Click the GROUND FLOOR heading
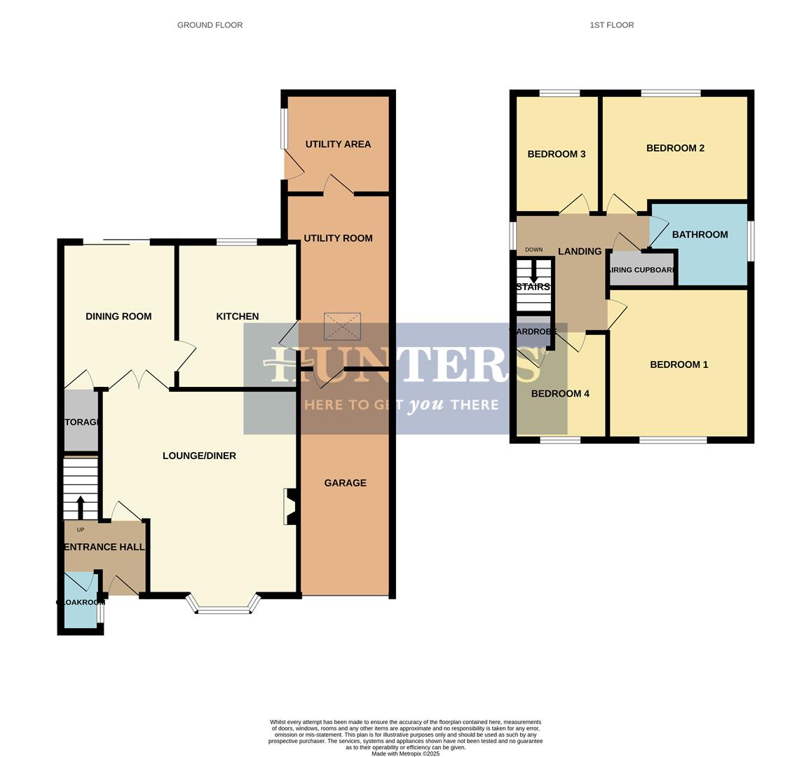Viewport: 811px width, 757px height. (x=210, y=25)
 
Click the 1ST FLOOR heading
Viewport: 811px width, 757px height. (x=611, y=25)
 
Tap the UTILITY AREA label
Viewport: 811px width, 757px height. (x=338, y=144)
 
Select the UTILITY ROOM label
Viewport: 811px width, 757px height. (x=338, y=238)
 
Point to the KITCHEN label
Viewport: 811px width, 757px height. (x=237, y=317)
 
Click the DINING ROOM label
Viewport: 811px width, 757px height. (x=118, y=317)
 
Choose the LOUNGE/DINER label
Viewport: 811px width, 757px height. (x=199, y=456)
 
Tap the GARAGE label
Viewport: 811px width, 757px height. (x=345, y=483)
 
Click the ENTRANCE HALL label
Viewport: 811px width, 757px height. (x=104, y=547)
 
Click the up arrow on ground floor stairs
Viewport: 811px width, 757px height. (x=80, y=507)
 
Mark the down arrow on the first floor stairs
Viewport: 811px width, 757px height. (x=534, y=272)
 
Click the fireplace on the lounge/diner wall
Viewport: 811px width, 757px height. (x=291, y=506)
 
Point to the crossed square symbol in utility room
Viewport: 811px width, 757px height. (x=342, y=327)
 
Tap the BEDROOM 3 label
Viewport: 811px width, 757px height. (x=557, y=154)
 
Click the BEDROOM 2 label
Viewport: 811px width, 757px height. (x=675, y=149)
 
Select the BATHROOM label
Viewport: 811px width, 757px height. (x=700, y=235)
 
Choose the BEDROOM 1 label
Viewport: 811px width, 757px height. (x=679, y=364)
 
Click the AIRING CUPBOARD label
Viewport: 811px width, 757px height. (x=642, y=270)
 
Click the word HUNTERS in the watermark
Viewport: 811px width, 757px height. (x=398, y=364)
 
